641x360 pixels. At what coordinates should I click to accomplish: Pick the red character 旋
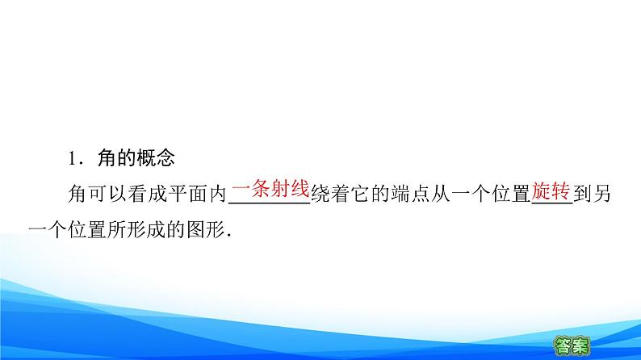(x=541, y=191)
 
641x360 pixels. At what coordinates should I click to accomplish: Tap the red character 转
(x=561, y=191)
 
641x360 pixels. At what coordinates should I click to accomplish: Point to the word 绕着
(x=330, y=195)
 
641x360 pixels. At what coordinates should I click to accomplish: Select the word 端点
(x=410, y=195)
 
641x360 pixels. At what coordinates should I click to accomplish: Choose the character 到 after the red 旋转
(x=583, y=195)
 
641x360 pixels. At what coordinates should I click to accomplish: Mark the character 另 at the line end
(x=602, y=195)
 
